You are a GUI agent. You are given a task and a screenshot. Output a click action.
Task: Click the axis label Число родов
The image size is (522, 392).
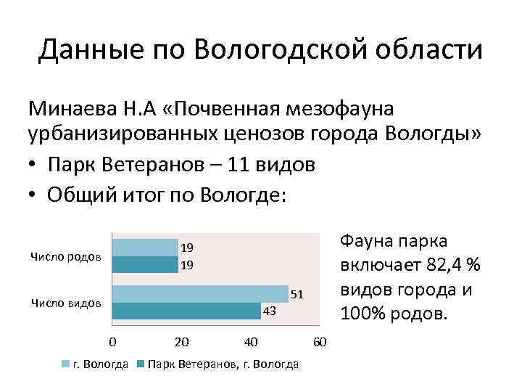(66, 257)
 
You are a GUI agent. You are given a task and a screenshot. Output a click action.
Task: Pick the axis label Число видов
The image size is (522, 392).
(66, 303)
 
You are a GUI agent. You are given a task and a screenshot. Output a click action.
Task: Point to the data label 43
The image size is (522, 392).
(269, 311)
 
